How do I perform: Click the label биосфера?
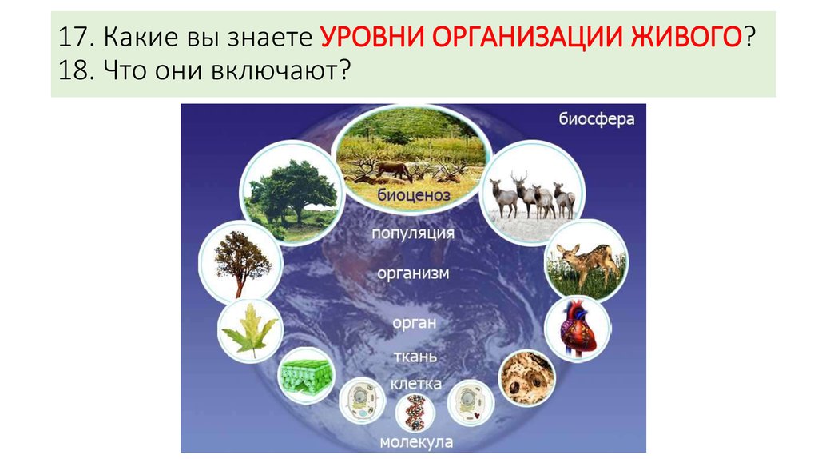pos(596,119)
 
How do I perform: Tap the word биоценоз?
pos(414,195)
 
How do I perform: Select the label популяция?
pos(413,233)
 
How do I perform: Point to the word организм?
pos(413,273)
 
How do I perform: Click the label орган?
pos(415,323)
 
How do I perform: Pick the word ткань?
pos(415,357)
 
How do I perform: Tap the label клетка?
pos(415,384)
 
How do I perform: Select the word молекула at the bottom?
pos(416,442)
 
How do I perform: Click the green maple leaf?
pos(250,331)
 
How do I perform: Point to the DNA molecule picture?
pos(415,412)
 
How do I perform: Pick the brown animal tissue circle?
pos(527,377)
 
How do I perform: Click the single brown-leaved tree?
pos(241,262)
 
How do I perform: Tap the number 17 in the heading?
pos(71,37)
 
